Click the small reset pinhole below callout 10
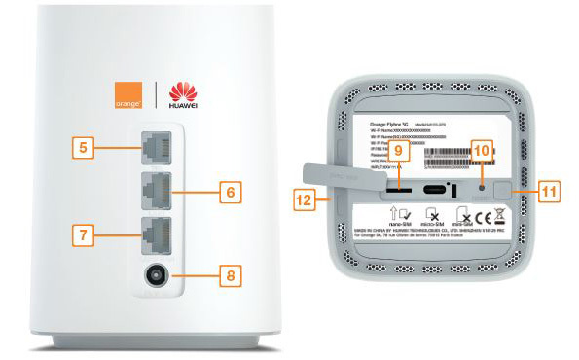pyautogui.click(x=483, y=181)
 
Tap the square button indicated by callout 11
pyautogui.click(x=507, y=186)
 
